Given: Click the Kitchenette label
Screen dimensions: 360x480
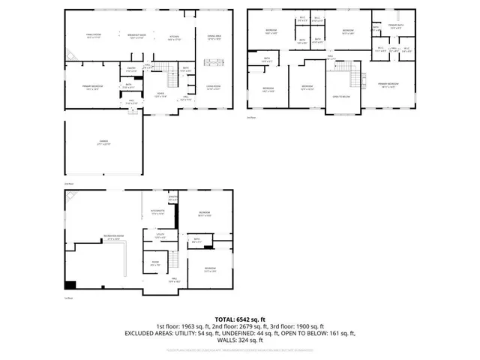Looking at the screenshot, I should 157,213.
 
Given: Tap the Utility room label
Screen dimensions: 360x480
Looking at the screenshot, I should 160,235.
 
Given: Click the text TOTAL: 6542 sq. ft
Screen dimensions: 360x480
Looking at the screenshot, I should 239,319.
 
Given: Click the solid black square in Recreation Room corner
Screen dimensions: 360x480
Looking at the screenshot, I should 70,284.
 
